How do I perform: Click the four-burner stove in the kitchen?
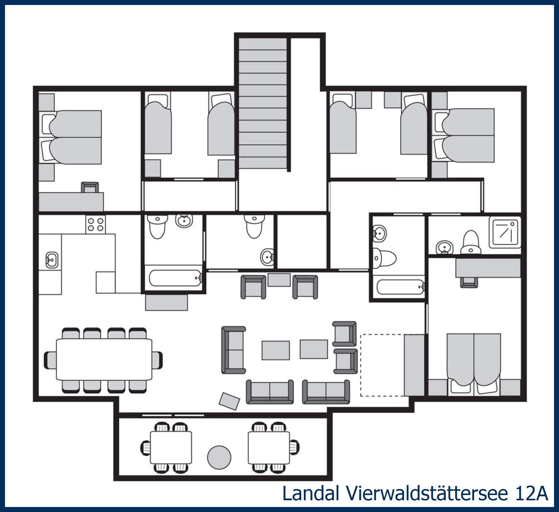click(95, 225)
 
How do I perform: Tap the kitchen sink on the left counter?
click(52, 260)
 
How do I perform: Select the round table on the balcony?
click(219, 457)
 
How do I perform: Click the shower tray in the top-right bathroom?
click(505, 232)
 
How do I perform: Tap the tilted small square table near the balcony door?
click(229, 401)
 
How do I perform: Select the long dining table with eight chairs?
click(104, 359)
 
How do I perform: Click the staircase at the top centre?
click(262, 103)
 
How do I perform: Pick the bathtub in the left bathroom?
click(175, 278)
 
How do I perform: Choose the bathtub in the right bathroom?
click(400, 287)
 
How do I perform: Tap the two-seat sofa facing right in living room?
click(233, 350)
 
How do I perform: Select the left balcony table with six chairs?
click(171, 447)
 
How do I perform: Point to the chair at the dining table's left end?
click(50, 360)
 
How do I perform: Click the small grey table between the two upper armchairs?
click(279, 280)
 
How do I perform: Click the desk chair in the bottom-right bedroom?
click(469, 282)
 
